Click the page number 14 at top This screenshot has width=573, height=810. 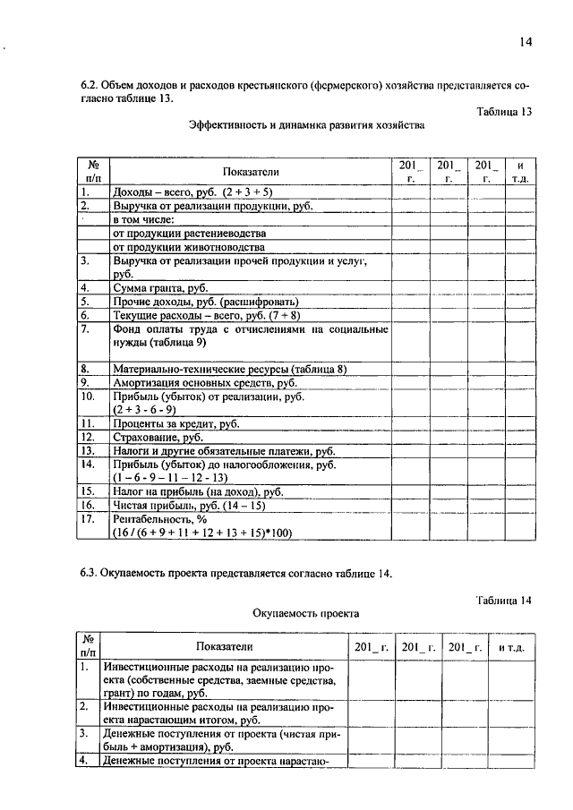click(526, 42)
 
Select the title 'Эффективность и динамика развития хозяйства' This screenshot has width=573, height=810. click(306, 126)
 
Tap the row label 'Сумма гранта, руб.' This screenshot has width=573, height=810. click(159, 288)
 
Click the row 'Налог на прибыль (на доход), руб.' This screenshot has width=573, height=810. click(198, 491)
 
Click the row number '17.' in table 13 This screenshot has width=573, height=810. click(88, 519)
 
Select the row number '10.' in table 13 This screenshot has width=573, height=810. click(88, 396)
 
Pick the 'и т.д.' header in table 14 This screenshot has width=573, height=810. click(516, 646)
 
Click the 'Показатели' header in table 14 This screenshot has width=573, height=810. click(224, 646)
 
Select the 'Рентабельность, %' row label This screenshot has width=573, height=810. click(159, 519)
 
